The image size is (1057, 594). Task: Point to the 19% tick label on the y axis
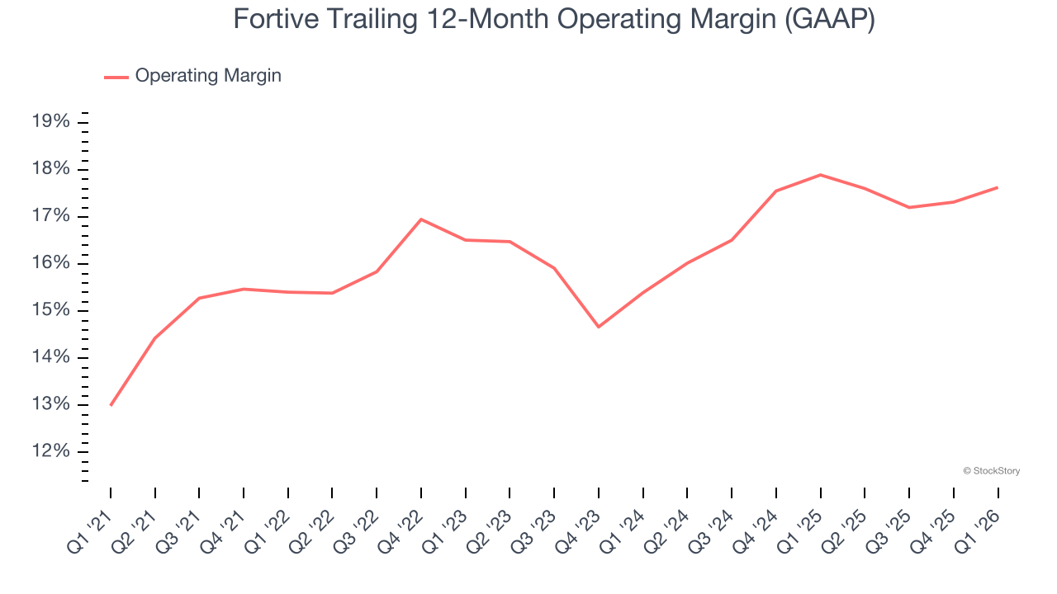[50, 122]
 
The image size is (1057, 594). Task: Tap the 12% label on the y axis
[50, 451]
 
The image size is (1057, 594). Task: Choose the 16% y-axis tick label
[50, 263]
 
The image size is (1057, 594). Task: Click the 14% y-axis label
[50, 357]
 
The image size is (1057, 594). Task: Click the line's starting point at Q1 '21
[111, 405]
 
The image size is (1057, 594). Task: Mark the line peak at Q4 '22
[421, 219]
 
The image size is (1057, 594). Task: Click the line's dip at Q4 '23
[599, 327]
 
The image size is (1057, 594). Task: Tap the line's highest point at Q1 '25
[820, 175]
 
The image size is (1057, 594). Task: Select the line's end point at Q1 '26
[998, 187]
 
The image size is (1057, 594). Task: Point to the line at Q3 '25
[909, 207]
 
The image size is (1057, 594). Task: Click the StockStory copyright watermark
[991, 471]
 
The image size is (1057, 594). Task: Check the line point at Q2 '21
[155, 338]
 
